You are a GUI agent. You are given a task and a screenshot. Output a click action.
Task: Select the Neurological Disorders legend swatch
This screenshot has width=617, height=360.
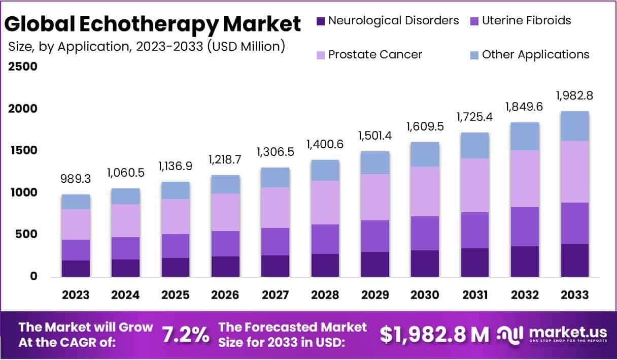pos(320,21)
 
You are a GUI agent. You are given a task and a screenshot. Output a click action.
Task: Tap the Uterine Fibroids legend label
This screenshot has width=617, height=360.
pos(526,21)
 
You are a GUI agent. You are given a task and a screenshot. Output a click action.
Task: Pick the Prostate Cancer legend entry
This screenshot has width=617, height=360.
pos(375,54)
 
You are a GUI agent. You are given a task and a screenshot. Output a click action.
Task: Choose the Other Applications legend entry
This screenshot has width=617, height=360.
pos(535,54)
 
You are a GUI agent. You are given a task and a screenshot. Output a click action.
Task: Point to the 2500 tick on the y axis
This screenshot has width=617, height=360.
pos(23,67)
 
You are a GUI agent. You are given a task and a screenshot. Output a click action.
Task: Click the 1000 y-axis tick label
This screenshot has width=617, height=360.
pos(23,192)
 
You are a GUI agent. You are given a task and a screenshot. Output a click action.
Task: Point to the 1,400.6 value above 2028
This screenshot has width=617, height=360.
pos(325,145)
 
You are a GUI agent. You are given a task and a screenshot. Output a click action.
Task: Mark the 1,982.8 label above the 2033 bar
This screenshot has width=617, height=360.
pos(574,95)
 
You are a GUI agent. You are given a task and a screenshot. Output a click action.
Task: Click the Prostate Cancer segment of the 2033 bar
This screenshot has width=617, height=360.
pos(574,172)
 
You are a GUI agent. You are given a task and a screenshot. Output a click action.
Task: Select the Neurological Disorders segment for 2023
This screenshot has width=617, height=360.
pos(76,268)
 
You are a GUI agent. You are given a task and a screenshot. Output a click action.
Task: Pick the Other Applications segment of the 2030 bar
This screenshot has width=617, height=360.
pos(425,154)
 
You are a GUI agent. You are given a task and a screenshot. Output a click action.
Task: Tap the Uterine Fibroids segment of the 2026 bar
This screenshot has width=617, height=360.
pos(225,244)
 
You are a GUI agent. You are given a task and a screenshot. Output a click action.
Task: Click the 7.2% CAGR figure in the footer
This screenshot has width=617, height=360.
pos(185,334)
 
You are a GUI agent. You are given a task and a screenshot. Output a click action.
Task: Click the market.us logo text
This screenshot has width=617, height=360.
pos(567,332)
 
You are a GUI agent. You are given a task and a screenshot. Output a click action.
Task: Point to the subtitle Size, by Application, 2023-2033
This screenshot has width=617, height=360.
pos(147,46)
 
